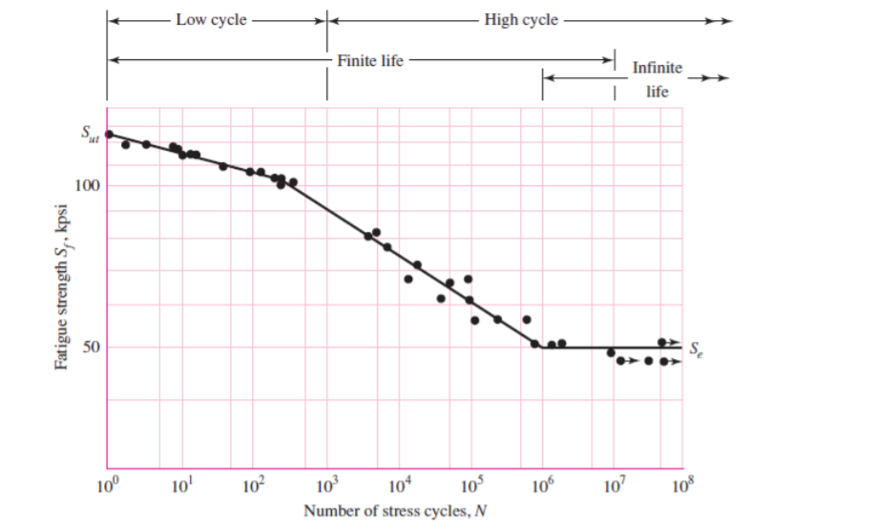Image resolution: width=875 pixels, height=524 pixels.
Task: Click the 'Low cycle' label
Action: click(211, 20)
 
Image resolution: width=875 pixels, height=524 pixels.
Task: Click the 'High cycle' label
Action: click(521, 20)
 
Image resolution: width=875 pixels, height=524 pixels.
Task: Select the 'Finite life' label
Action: click(370, 60)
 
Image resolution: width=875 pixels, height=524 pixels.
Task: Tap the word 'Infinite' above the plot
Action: click(657, 68)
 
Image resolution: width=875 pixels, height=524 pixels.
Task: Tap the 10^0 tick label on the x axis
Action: click(110, 490)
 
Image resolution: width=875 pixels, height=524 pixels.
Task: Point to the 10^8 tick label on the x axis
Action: click(684, 490)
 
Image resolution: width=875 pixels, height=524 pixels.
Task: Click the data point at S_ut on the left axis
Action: click(109, 135)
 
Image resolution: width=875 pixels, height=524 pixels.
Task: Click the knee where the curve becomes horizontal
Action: click(542, 347)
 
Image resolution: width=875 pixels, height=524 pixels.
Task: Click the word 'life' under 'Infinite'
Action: click(656, 92)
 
